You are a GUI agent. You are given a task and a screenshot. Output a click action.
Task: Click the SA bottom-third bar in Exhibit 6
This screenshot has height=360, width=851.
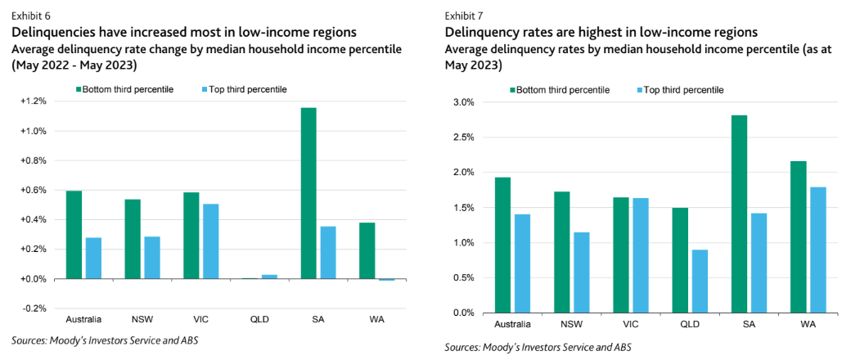click(x=308, y=193)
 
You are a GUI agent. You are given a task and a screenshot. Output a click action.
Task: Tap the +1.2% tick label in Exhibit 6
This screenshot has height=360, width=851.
click(x=35, y=101)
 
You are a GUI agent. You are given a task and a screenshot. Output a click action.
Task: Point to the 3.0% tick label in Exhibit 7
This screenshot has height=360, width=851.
click(x=463, y=103)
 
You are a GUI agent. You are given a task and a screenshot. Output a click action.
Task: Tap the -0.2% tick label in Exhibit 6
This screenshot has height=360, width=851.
click(x=35, y=308)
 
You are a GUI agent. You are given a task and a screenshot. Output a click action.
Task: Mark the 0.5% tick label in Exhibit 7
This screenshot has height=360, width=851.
click(x=463, y=277)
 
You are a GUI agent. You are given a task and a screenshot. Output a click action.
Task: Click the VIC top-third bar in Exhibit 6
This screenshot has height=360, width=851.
click(x=210, y=241)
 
